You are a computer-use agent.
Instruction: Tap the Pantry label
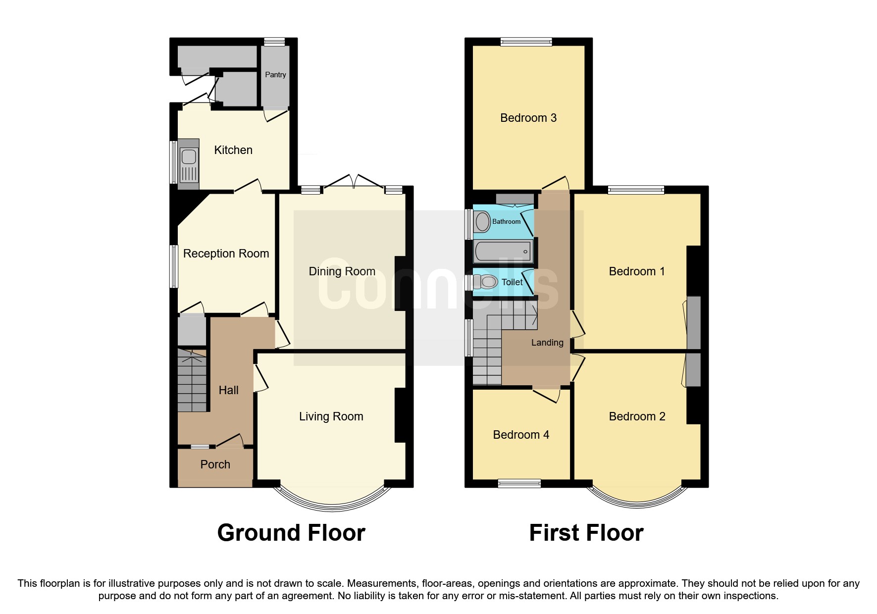(275, 75)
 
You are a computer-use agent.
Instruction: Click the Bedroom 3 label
(528, 118)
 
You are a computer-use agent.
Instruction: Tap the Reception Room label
(226, 254)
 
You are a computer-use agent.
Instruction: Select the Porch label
(215, 464)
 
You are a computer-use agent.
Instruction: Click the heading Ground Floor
(291, 533)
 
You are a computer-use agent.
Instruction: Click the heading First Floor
(586, 533)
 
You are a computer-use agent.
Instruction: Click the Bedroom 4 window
(519, 483)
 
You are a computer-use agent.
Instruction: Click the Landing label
(547, 343)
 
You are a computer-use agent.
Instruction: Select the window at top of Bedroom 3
(526, 42)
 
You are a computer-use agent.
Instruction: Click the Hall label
(228, 390)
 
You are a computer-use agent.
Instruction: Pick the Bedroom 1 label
(636, 271)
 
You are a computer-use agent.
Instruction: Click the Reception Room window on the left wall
(174, 266)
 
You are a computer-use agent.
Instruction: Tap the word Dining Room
(342, 271)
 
